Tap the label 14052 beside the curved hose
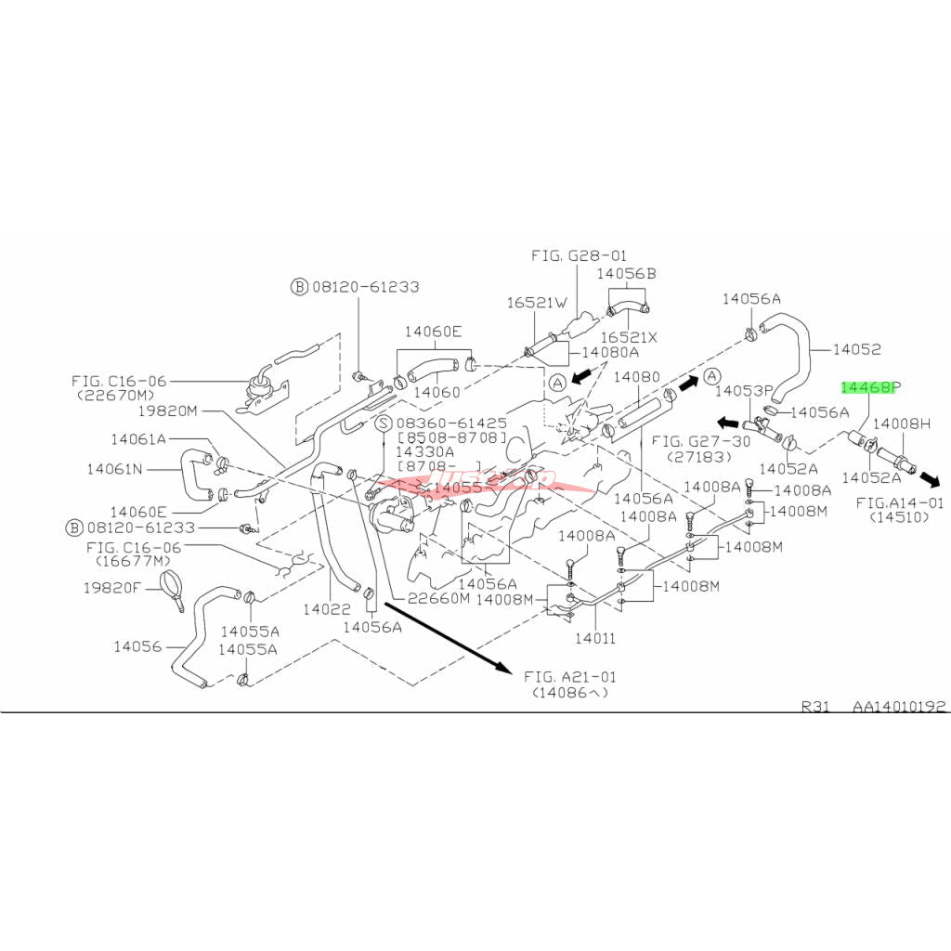856,349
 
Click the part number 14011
594,639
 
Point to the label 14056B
626,274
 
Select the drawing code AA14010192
901,706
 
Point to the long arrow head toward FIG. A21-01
502,668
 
